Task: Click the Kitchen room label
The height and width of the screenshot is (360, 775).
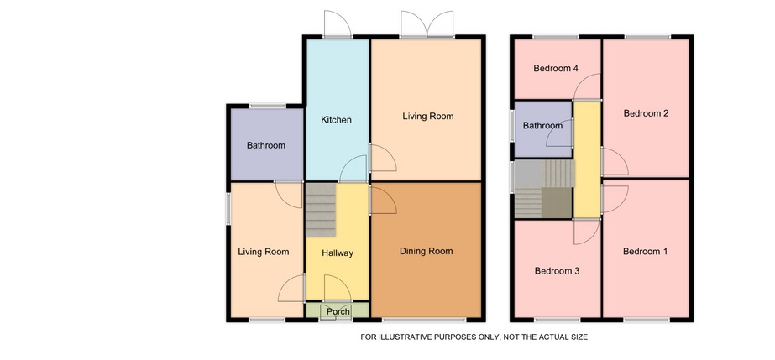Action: point(336,120)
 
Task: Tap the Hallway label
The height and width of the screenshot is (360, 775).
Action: point(338,253)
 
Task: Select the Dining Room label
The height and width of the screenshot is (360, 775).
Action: point(426,252)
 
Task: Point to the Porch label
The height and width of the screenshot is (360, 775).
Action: point(338,311)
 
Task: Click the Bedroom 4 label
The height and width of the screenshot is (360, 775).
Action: point(556,69)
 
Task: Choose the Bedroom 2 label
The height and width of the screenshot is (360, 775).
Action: point(646,113)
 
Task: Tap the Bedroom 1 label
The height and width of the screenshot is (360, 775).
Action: point(645,252)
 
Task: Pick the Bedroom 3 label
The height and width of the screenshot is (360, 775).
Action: point(557,271)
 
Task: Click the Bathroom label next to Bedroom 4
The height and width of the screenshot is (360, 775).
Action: point(542,126)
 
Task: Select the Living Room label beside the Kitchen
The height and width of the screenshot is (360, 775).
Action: point(428,117)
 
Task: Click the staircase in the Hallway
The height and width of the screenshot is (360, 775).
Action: point(321,210)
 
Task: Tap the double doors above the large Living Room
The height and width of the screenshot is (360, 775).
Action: point(427,23)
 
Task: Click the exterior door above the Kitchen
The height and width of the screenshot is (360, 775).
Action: point(338,23)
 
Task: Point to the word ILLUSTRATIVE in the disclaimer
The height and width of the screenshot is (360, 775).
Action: point(405,337)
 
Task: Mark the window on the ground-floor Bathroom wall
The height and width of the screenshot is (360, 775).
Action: point(267,106)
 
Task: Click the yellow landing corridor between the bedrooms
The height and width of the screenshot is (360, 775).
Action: point(587,159)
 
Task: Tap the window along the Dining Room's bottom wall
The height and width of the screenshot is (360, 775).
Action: point(424,320)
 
